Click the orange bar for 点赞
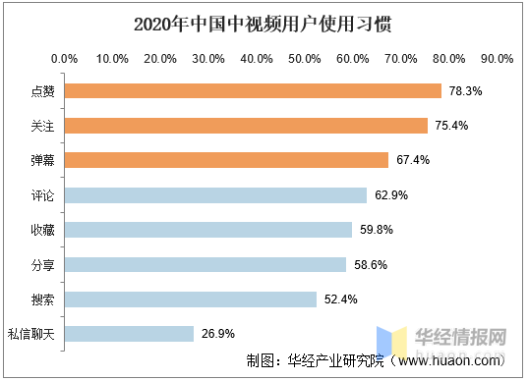pyautogui.click(x=253, y=91)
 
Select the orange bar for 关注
pyautogui.click(x=246, y=126)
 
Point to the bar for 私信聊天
pyautogui.click(x=129, y=334)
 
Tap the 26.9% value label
pyautogui.click(x=217, y=334)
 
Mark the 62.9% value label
pyautogui.click(x=390, y=195)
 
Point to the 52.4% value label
pyautogui.click(x=340, y=299)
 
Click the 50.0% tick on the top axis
pyautogui.click(x=305, y=59)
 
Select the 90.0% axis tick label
pyautogui.click(x=498, y=59)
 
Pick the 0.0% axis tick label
pyautogui.click(x=64, y=59)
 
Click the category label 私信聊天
pyautogui.click(x=31, y=334)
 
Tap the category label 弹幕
pyautogui.click(x=42, y=160)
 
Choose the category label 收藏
pyautogui.click(x=42, y=230)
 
